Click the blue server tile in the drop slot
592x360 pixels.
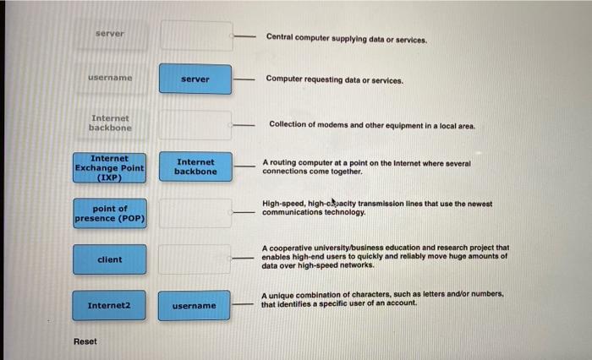click(195, 79)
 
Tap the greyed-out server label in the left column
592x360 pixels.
click(110, 34)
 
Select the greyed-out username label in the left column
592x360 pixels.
click(110, 78)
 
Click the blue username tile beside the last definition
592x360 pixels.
click(195, 305)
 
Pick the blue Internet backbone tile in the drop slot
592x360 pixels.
click(195, 166)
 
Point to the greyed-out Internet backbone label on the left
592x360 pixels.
click(110, 123)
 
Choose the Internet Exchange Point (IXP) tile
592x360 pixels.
click(110, 167)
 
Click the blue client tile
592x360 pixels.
click(110, 259)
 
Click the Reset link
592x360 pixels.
click(85, 341)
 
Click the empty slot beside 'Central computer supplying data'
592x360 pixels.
click(195, 35)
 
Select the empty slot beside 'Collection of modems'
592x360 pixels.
click(195, 124)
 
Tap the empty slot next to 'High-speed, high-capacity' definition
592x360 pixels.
click(195, 213)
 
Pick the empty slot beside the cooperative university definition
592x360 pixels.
click(195, 259)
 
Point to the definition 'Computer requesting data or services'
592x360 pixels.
click(334, 79)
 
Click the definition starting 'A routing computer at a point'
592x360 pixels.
click(366, 166)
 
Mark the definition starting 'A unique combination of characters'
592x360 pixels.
click(382, 298)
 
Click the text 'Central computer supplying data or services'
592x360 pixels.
click(347, 38)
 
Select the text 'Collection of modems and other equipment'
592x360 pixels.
click(372, 124)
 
